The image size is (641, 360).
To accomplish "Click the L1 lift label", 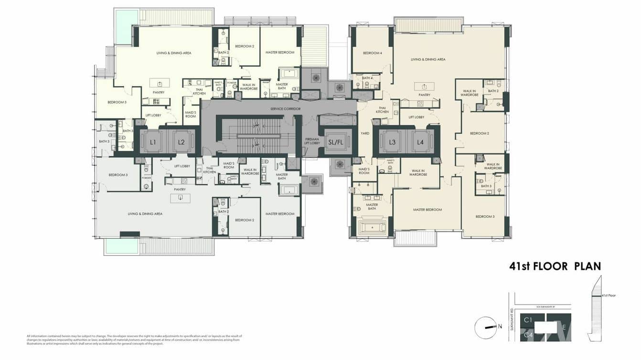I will coord(153,142).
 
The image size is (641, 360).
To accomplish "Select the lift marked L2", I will coord(181,142).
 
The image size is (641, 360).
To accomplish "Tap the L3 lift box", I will coord(392,142).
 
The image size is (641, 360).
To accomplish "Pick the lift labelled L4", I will coord(420,142).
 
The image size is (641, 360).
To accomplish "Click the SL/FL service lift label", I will coord(336,142).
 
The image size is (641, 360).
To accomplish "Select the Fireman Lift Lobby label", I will coord(312,141).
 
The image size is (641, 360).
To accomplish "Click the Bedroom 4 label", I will coord(373,53).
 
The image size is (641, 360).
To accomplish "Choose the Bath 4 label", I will coord(367,78).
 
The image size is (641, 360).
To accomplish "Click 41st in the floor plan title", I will coord(522,266).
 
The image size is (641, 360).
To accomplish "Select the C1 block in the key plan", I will coord(528,320).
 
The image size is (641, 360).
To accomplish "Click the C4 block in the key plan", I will coord(528,336).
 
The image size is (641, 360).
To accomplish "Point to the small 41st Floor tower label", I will coord(609,296).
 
